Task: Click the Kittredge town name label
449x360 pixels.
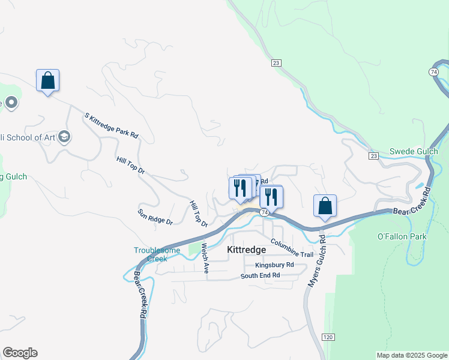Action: (246, 250)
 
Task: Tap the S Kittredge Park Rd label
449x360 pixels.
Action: (111, 125)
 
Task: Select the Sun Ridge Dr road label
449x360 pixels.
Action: (155, 217)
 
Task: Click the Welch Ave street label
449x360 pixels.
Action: (205, 258)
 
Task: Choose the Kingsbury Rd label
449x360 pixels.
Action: (274, 265)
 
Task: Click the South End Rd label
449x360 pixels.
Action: (260, 275)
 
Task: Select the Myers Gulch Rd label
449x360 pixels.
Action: (316, 259)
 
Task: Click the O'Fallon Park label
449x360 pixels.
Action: (402, 236)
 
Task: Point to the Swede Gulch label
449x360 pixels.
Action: (414, 151)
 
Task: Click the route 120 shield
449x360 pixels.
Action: (328, 337)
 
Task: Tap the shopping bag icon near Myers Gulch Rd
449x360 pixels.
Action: (325, 206)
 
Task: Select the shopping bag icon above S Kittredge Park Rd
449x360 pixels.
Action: (47, 80)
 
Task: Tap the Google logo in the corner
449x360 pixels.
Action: (20, 353)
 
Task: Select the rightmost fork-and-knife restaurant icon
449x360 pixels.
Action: (272, 196)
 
